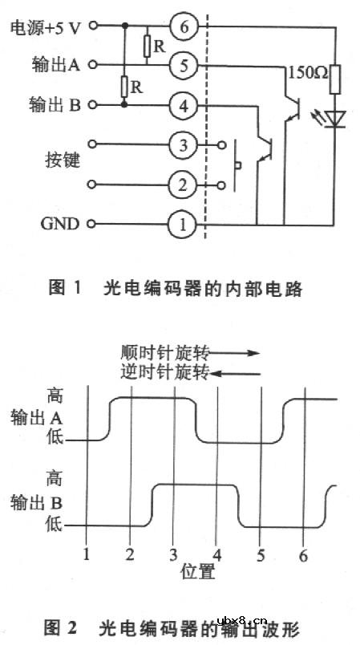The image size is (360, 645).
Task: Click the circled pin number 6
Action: (184, 27)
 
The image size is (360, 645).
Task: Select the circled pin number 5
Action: (184, 67)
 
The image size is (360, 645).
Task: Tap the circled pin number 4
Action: (184, 105)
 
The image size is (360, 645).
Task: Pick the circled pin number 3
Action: (184, 145)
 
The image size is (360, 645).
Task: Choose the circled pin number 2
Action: (184, 185)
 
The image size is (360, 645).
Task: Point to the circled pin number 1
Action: (184, 225)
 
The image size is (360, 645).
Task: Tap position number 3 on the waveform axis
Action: (173, 555)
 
